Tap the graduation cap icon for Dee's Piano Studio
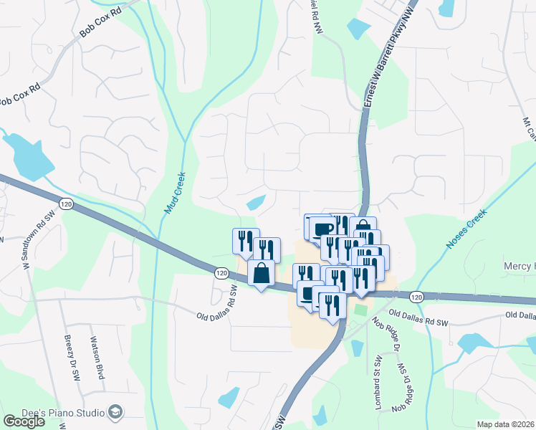tap(115, 411)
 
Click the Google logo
tap(24, 421)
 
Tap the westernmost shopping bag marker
tap(261, 273)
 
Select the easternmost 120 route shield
tap(416, 296)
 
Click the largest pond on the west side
tap(28, 158)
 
